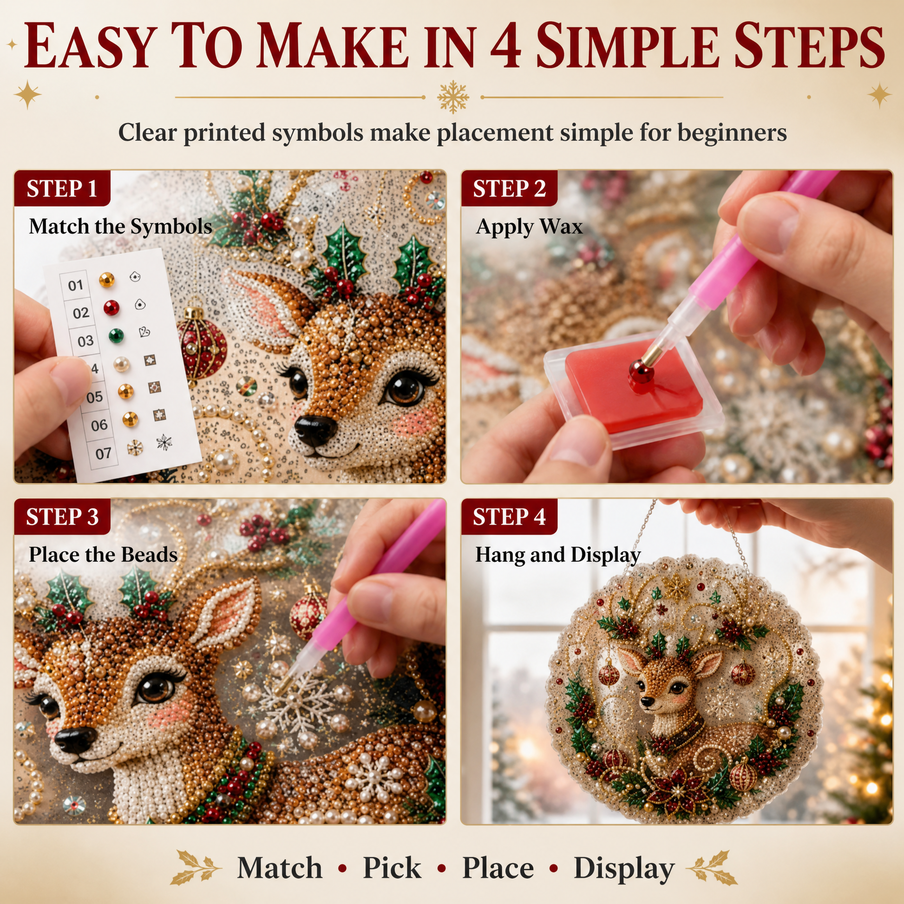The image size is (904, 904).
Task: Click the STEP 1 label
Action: coord(62,189)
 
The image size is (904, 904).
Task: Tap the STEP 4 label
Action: coord(509,517)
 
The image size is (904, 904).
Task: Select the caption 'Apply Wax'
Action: coord(529,227)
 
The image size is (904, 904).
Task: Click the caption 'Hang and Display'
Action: coord(558,555)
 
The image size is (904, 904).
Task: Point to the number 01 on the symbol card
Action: coord(75,285)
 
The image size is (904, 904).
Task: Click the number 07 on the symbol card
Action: coord(103,453)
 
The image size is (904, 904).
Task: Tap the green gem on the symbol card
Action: coord(116,335)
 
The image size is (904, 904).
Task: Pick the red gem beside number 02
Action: coord(111,308)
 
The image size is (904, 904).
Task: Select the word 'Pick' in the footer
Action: coord(392,867)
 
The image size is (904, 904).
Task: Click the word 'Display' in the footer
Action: coord(624,869)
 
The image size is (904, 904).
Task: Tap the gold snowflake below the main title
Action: coord(453,97)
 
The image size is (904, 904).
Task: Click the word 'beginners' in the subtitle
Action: coord(732,133)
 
